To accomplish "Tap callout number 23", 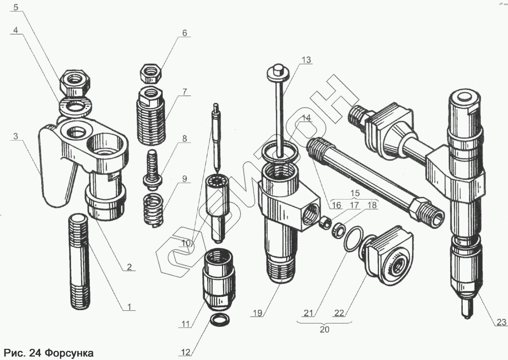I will [x=501, y=321].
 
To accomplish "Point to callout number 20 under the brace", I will [x=325, y=329].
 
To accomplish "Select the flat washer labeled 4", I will [x=74, y=106].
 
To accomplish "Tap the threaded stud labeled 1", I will [x=79, y=259].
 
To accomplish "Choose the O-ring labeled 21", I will [x=352, y=239].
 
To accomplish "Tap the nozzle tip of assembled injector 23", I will [x=465, y=309].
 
